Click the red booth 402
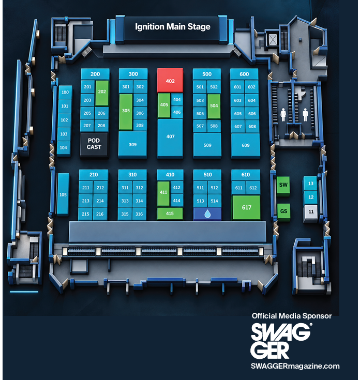pos(170,80)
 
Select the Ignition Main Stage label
pos(173,27)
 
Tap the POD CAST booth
pos(94,144)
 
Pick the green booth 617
pos(246,207)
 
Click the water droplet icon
pos(207,214)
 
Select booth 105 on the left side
pos(63,194)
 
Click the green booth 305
pos(126,112)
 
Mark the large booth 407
pos(170,137)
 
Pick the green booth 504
pos(214,106)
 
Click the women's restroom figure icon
pos(283,115)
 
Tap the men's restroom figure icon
pos(305,115)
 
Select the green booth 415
pos(170,214)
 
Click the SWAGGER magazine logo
pos(281,341)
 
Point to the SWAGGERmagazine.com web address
pos(295,366)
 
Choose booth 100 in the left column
pos(65,92)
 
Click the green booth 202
pos(102,93)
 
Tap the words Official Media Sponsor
pos(292,316)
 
